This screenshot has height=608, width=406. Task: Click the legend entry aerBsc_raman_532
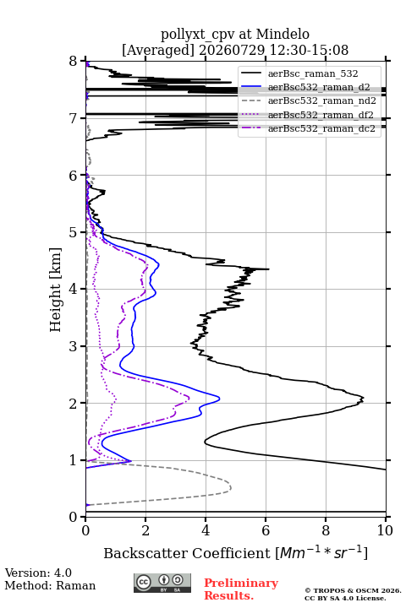(313, 73)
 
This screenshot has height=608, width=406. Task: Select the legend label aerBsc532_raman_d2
(319, 87)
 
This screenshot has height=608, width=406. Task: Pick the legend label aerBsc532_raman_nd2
(321, 100)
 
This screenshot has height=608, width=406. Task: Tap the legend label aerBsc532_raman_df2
(320, 115)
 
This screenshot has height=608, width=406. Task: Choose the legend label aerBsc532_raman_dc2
(321, 128)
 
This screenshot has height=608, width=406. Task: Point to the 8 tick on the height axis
(74, 61)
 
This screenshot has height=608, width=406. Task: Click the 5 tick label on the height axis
(74, 232)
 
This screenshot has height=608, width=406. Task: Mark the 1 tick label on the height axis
(74, 460)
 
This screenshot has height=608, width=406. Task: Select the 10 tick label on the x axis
(385, 530)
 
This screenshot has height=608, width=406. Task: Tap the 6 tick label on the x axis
(266, 530)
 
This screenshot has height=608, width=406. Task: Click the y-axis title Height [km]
(55, 290)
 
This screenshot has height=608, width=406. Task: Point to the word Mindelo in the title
(283, 34)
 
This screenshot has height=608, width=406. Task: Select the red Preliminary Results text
(241, 589)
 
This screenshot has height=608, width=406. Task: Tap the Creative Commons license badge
(162, 583)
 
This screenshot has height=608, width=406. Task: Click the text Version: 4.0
(38, 573)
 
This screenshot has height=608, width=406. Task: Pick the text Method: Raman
(50, 585)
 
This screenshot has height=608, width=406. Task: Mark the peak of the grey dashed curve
(231, 487)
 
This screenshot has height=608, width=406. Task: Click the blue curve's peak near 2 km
(220, 399)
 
